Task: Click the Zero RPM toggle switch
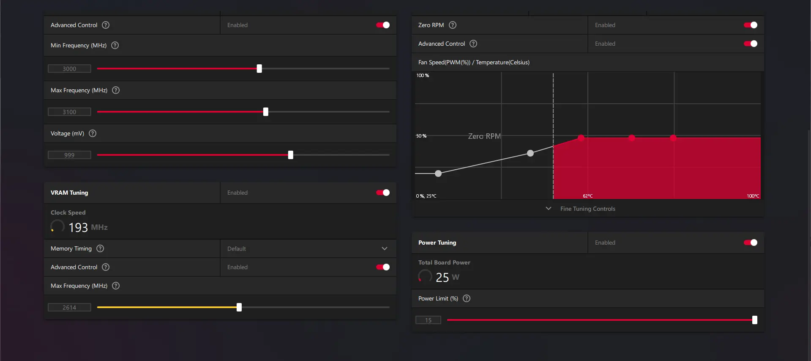click(x=750, y=25)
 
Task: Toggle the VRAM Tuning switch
click(x=382, y=193)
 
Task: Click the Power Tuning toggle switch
click(x=750, y=243)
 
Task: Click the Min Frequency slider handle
click(x=259, y=69)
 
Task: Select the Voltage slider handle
click(x=290, y=155)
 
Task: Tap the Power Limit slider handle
click(x=754, y=320)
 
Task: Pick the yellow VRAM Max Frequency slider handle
click(x=239, y=307)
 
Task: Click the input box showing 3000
click(x=69, y=69)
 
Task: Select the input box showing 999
click(x=69, y=155)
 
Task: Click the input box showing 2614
click(x=69, y=307)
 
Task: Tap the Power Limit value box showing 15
click(x=428, y=320)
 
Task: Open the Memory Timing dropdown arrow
click(x=384, y=248)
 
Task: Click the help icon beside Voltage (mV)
click(x=93, y=133)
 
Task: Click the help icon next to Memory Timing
click(x=100, y=248)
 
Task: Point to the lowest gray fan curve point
click(x=438, y=174)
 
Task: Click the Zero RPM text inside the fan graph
click(x=484, y=136)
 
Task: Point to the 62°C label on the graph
click(x=587, y=196)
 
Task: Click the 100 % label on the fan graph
click(x=423, y=75)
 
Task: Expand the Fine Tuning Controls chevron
click(x=548, y=209)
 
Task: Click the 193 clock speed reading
click(x=78, y=228)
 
